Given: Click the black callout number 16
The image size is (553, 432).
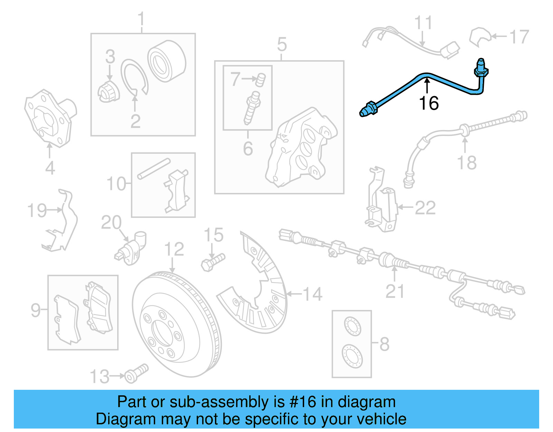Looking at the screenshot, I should point(429,103).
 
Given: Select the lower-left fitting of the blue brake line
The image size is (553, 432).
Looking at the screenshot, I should point(368,109).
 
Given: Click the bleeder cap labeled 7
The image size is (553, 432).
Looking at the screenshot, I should point(261,80).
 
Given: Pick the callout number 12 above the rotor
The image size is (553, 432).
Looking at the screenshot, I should point(174,249).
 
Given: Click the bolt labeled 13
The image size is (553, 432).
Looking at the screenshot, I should point(136,373).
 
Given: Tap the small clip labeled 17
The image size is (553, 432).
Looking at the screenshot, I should point(479,36).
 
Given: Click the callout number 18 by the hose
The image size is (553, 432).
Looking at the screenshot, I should point(467,163).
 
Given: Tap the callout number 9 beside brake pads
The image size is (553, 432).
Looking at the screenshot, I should point(35,310).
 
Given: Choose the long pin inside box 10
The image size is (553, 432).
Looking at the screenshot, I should point(154,169).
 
